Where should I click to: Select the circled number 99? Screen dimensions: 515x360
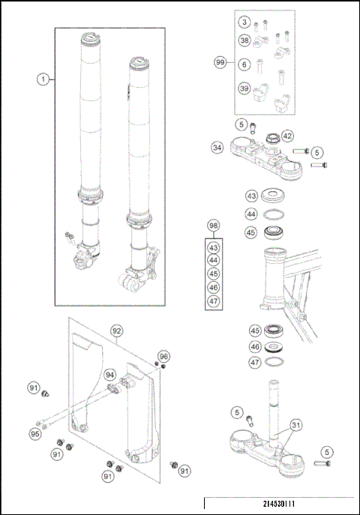coord(220,64)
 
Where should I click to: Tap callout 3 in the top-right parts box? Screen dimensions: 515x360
coord(245,25)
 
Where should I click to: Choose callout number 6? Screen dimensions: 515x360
coord(245,65)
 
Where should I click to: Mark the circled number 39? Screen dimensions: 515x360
coord(245,88)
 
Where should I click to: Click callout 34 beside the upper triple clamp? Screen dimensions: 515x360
coord(217,148)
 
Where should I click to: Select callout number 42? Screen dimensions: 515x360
coord(288,136)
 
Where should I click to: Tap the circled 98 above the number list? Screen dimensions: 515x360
coord(214,226)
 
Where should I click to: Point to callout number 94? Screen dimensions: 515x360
coord(110,374)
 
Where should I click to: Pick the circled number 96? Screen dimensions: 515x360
coord(164,356)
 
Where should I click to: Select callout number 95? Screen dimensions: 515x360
coord(34,434)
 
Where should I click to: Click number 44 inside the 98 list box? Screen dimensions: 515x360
coord(214,261)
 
